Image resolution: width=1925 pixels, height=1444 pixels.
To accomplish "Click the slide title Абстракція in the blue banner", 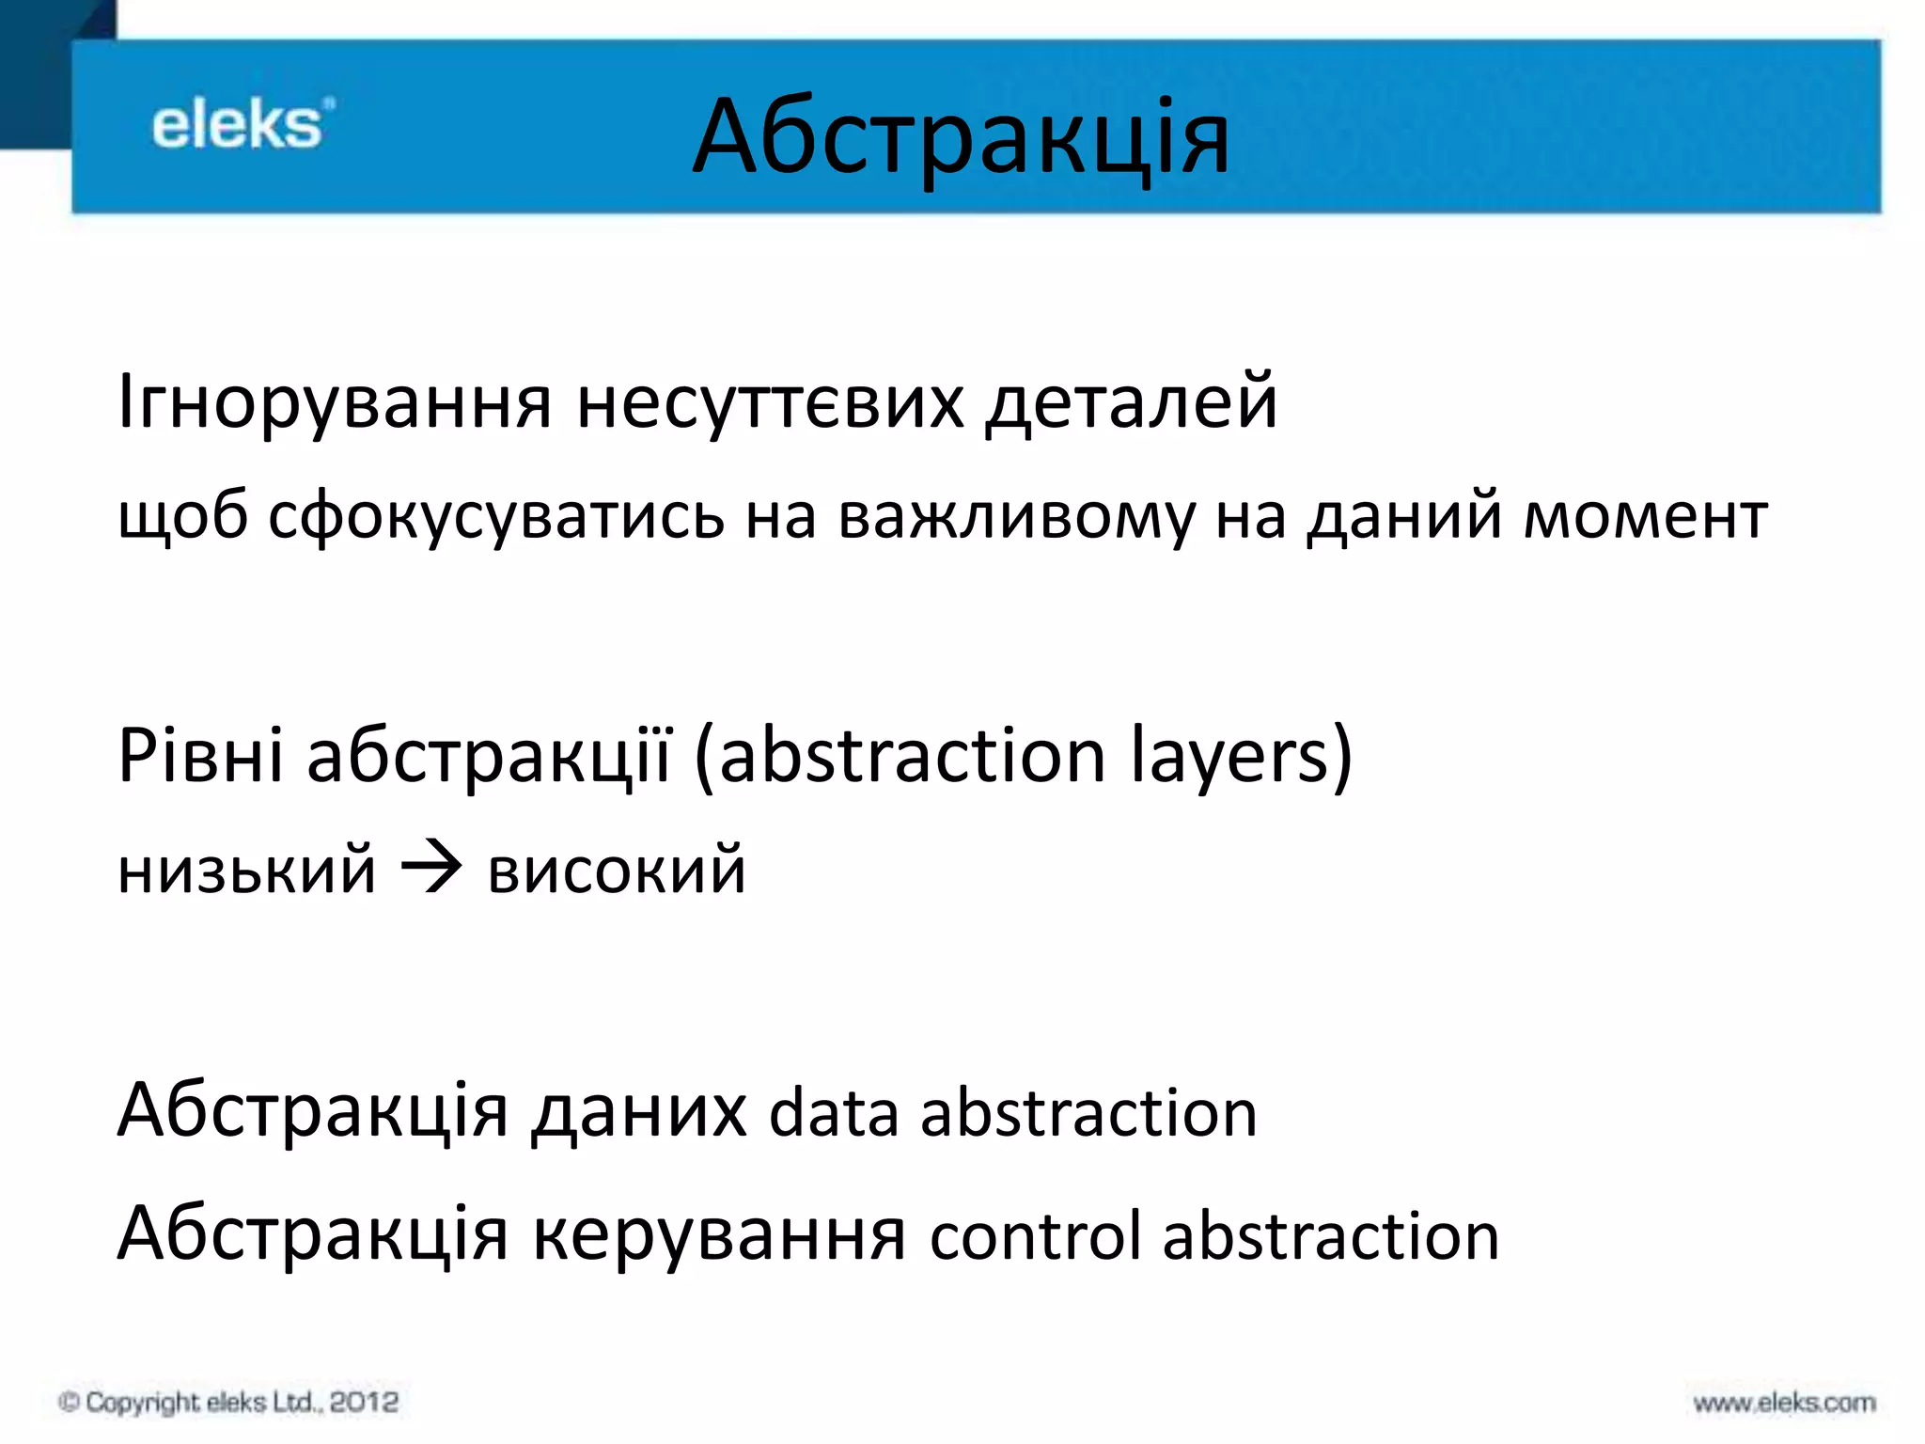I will point(961,139).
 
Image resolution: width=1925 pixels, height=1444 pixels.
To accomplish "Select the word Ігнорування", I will point(335,402).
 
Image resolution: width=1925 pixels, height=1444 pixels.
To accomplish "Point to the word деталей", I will point(1132,402).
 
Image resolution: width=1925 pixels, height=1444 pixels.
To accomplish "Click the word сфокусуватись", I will point(496,517).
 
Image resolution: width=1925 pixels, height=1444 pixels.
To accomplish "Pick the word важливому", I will point(1015,517).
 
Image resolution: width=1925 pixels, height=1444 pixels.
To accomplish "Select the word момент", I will point(1645,517).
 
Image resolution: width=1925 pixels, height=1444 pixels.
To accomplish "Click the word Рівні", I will point(200,756).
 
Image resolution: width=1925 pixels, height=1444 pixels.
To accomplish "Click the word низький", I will point(247,871).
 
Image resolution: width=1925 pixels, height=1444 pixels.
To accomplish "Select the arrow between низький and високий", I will point(431,869).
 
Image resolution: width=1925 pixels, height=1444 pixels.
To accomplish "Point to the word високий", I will point(617,871).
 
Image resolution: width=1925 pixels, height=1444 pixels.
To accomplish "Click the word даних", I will point(639,1112).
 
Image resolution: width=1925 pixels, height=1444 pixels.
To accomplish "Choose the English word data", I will point(833,1114).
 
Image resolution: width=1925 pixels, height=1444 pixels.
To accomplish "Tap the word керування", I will point(719,1234).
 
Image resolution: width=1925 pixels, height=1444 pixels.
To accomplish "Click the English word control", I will point(1035,1236).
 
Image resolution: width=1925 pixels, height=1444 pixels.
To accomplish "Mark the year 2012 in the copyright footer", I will point(364,1402).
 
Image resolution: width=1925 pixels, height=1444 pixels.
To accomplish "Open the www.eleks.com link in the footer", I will point(1784,1403).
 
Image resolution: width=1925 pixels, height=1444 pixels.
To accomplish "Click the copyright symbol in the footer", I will point(69,1403).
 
